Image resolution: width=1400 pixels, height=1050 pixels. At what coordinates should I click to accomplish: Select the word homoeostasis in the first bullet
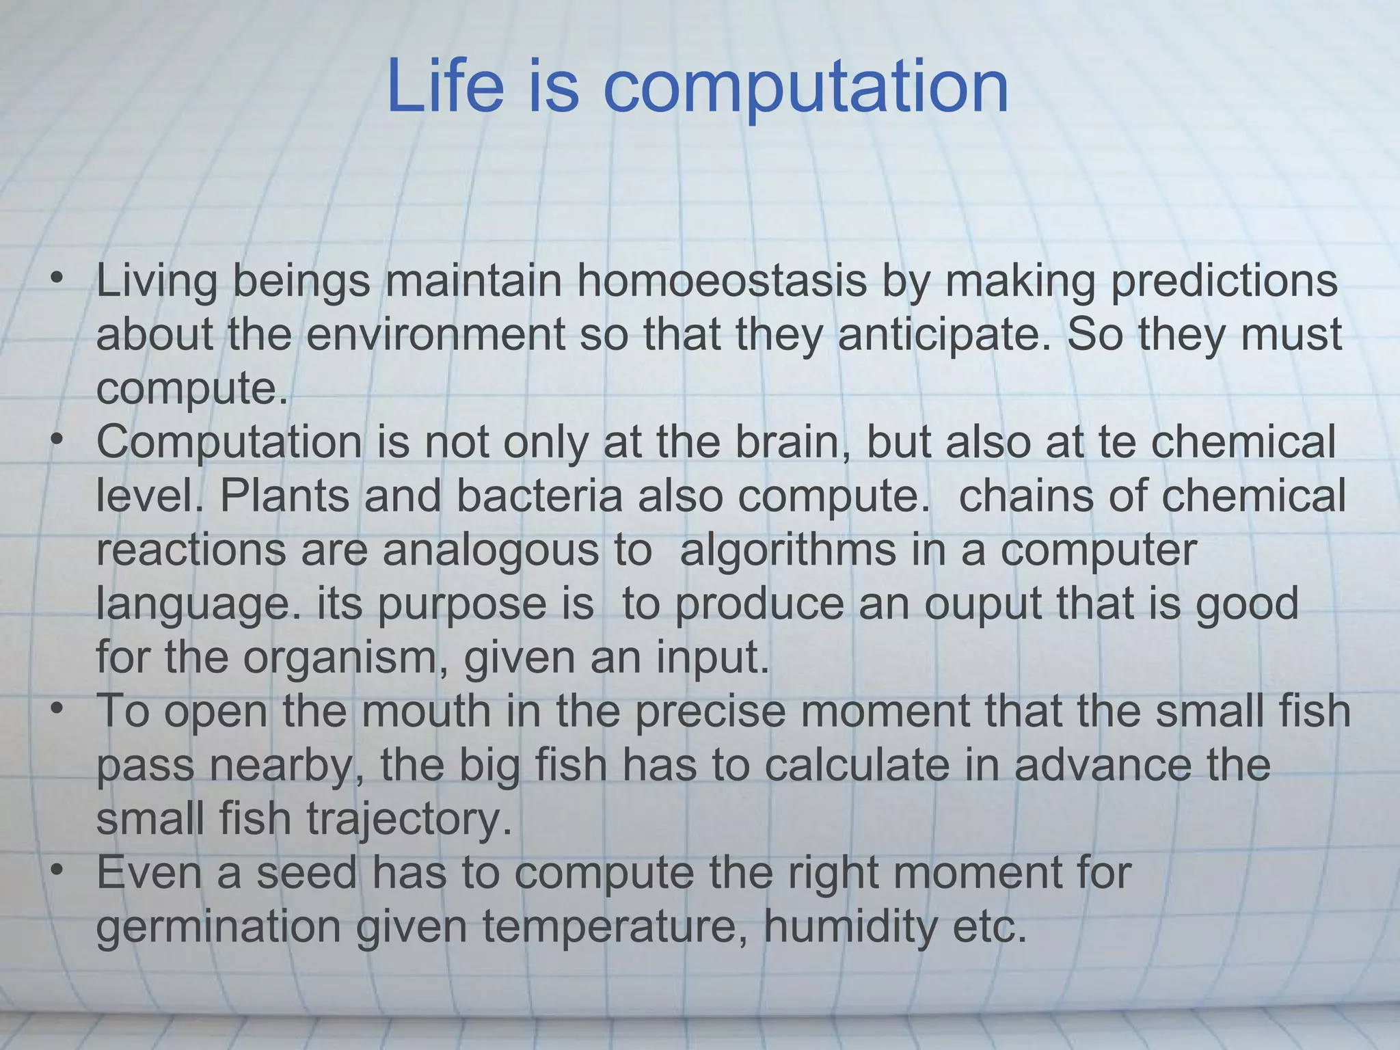pyautogui.click(x=722, y=281)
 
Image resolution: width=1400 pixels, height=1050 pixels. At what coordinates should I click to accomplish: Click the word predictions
pyautogui.click(x=1223, y=281)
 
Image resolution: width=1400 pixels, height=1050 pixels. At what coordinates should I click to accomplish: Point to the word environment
pyautogui.click(x=435, y=335)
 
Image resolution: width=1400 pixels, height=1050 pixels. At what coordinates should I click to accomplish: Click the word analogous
pyautogui.click(x=489, y=550)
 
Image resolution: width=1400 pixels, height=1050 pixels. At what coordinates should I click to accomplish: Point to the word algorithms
pyautogui.click(x=787, y=551)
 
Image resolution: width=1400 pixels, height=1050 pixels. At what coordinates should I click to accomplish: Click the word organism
pyautogui.click(x=345, y=658)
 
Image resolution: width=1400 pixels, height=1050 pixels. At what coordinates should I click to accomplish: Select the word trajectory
pyautogui.click(x=409, y=819)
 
